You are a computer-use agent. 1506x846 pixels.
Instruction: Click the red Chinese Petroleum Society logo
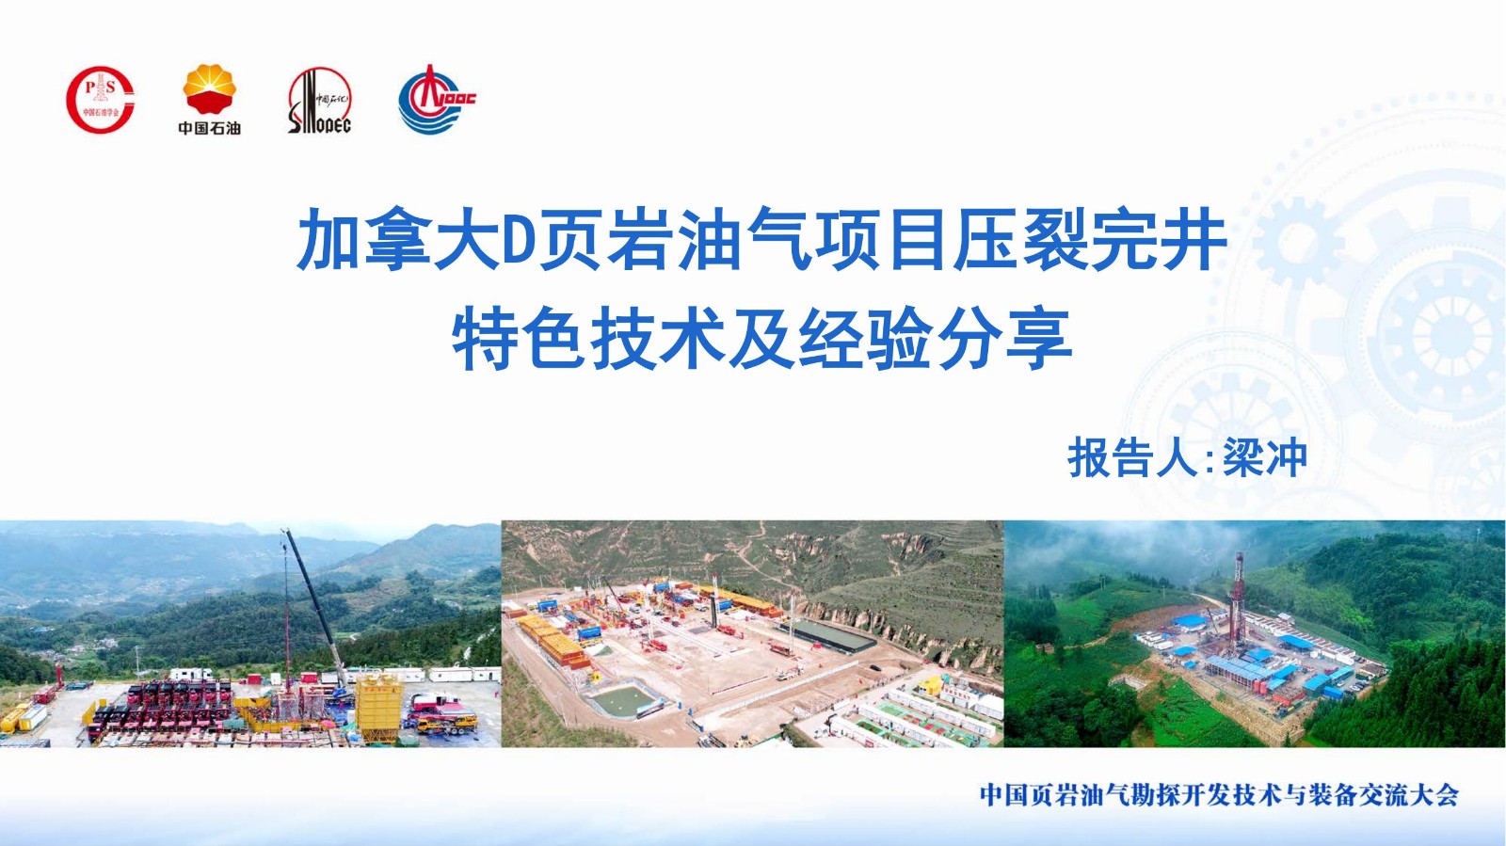(100, 100)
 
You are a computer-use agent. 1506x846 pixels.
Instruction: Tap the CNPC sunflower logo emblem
(210, 88)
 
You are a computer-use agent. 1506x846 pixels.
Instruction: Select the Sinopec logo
(319, 101)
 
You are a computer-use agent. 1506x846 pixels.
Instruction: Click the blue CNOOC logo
(436, 100)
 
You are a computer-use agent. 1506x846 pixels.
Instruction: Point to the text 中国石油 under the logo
(210, 128)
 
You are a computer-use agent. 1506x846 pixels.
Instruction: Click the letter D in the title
(518, 239)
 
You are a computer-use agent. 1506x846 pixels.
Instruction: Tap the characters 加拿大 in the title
(398, 239)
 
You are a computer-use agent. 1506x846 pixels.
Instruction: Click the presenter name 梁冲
(1265, 457)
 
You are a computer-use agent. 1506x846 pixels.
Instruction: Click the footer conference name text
(1219, 795)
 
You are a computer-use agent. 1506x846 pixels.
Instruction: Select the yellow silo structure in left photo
(379, 709)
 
